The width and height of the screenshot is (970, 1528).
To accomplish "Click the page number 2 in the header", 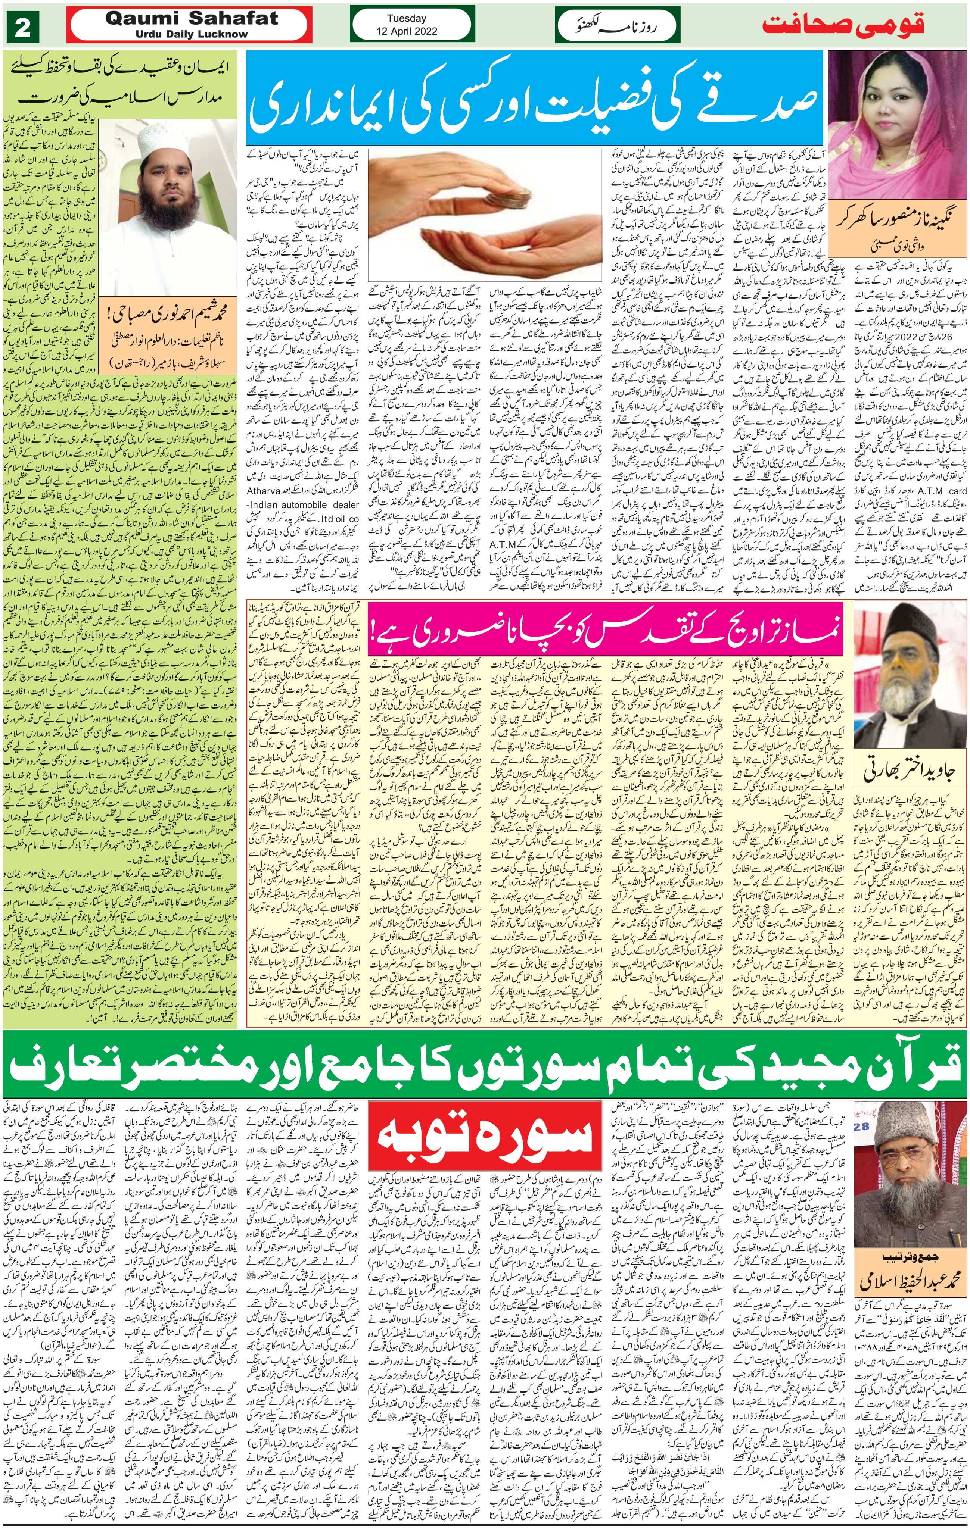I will [x=22, y=29].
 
